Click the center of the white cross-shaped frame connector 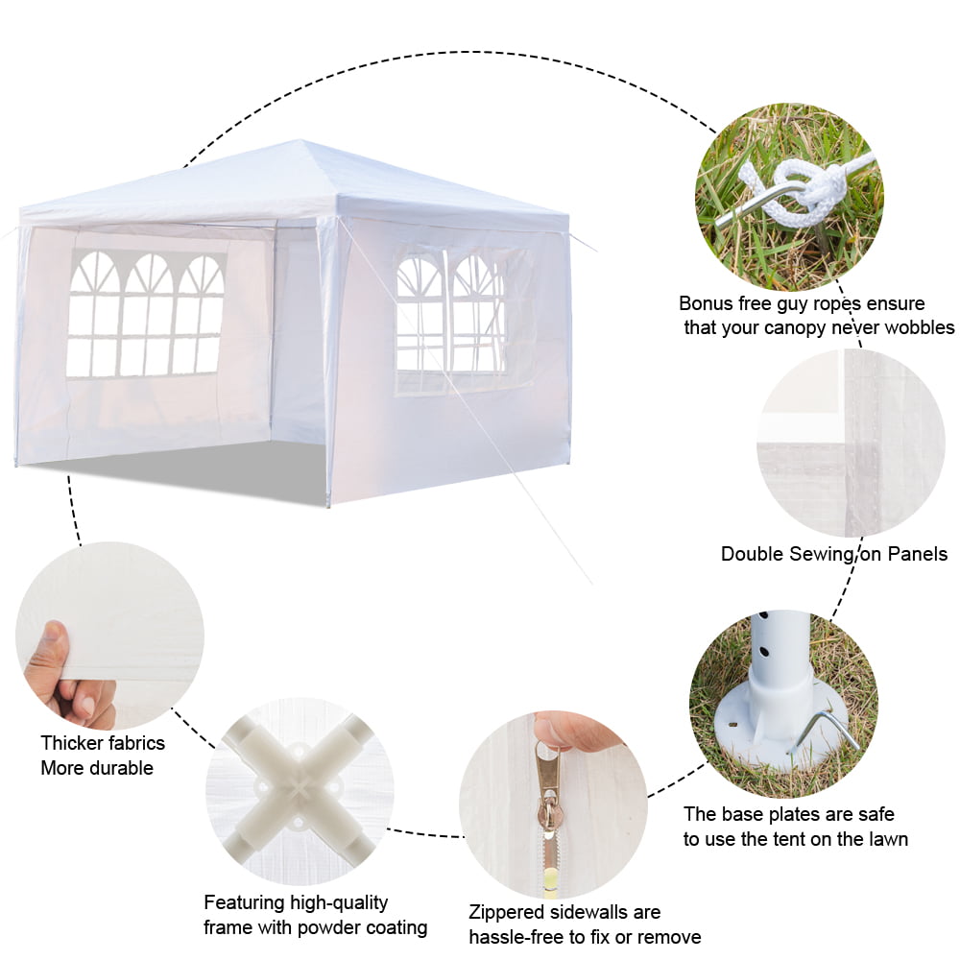pyautogui.click(x=299, y=788)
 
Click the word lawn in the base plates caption pyautogui.click(x=886, y=839)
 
